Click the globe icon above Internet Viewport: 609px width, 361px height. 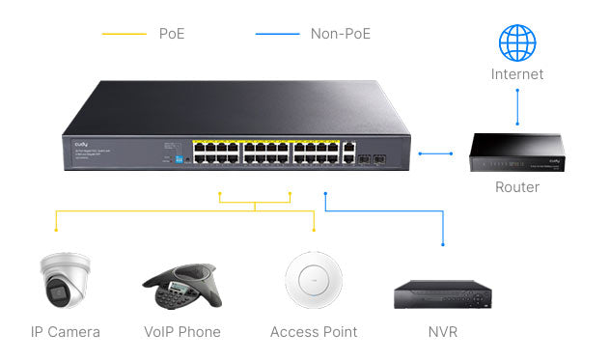coord(517,42)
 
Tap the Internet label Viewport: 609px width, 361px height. coord(517,74)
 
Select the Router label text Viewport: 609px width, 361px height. coord(516,187)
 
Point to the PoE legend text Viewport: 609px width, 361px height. coord(172,34)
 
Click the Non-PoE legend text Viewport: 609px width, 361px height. coord(341,34)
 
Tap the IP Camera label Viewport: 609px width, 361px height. coord(66,332)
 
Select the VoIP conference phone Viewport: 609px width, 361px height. coord(182,284)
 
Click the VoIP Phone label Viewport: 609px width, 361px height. coord(182,332)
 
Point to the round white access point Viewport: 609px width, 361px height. coord(314,280)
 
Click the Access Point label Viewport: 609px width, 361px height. coord(314,332)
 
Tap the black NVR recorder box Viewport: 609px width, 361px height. coord(444,293)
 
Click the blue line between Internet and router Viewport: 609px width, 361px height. coord(517,107)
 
